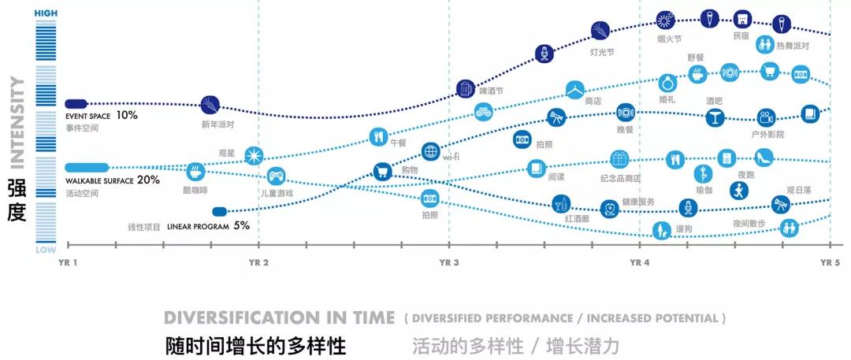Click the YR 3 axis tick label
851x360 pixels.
pyautogui.click(x=449, y=262)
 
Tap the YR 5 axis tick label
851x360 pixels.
pyautogui.click(x=831, y=262)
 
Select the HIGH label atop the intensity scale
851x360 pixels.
pyautogui.click(x=46, y=13)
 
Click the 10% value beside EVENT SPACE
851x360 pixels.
pyautogui.click(x=127, y=115)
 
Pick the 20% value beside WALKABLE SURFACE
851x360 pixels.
pyautogui.click(x=149, y=180)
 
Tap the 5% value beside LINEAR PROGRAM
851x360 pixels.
pyautogui.click(x=241, y=225)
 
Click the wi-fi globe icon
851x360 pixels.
pyautogui.click(x=430, y=151)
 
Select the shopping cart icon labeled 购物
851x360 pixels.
pyautogui.click(x=382, y=171)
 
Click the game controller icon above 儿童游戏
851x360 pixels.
pyautogui.click(x=276, y=176)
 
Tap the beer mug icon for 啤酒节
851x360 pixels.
pyautogui.click(x=466, y=87)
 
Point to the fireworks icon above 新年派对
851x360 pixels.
pyautogui.click(x=210, y=105)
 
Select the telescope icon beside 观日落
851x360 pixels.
pyautogui.click(x=780, y=204)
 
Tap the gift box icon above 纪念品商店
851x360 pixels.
pyautogui.click(x=620, y=159)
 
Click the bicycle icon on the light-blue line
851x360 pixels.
pyautogui.click(x=484, y=113)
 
